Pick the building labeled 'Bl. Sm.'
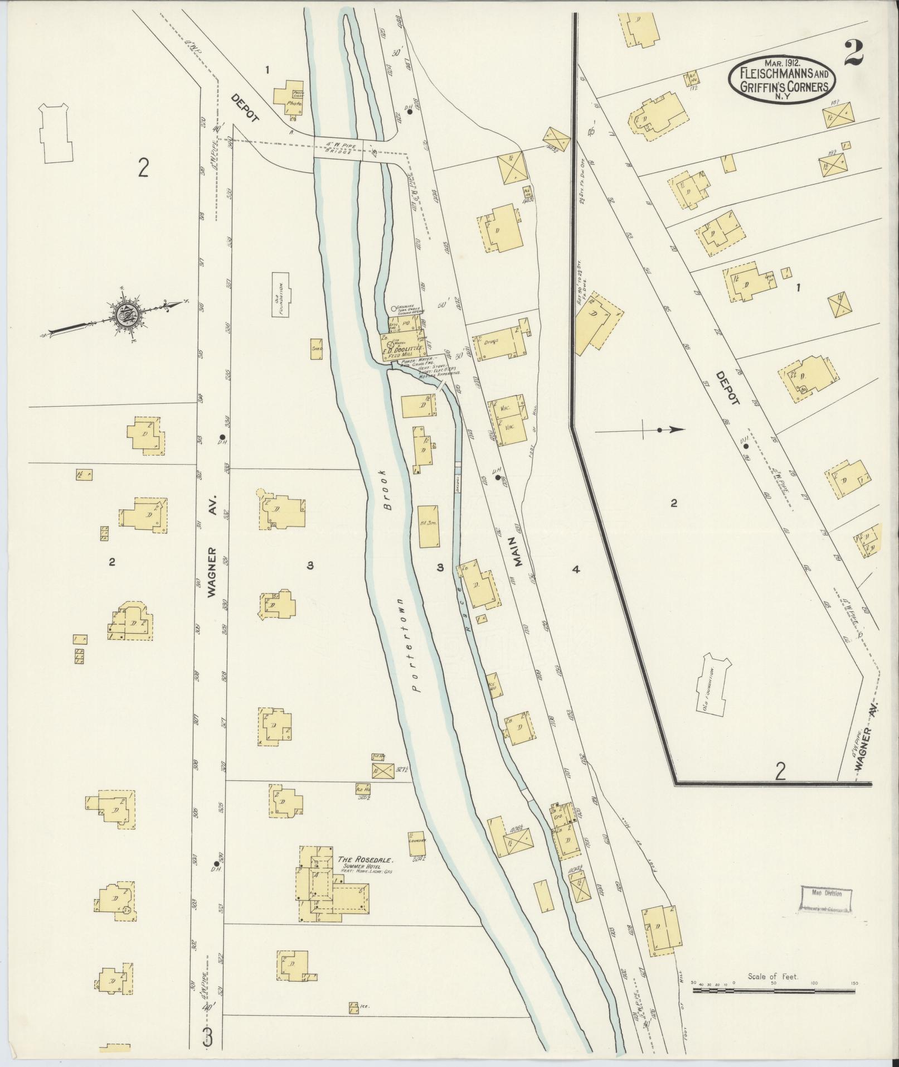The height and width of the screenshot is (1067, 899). [x=428, y=527]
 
